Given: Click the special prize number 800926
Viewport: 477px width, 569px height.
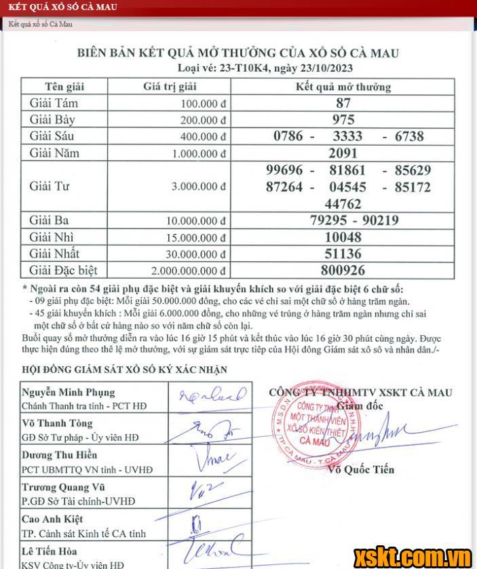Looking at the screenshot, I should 343,271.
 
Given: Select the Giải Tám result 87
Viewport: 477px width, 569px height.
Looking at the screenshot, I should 343,103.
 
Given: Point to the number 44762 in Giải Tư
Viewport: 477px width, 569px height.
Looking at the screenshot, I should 343,203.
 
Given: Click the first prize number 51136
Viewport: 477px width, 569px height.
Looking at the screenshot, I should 343,254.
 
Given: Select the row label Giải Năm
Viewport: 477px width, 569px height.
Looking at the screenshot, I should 54,153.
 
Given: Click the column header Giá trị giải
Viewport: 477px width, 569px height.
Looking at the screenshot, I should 170,87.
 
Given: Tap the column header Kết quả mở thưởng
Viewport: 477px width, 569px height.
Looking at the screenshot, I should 343,87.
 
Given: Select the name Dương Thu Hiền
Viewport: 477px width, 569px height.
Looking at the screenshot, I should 60,455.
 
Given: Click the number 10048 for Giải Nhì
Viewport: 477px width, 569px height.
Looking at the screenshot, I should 343,237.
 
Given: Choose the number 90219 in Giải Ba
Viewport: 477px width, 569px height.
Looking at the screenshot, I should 392,220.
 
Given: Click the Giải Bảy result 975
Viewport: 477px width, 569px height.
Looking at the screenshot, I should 343,120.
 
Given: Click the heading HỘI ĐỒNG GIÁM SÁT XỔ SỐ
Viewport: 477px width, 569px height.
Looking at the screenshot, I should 124,370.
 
